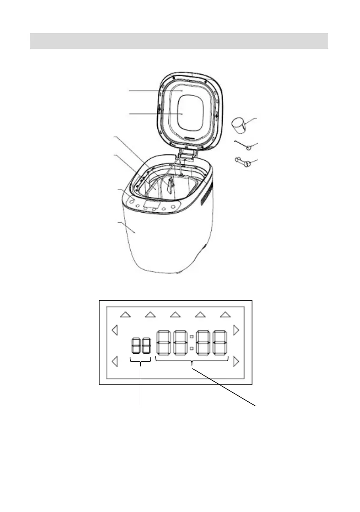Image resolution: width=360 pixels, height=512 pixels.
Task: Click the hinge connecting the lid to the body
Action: tap(188, 154)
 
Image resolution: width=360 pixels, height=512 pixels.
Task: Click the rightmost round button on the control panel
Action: tap(173, 207)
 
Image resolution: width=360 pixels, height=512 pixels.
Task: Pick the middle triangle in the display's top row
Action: tap(174, 315)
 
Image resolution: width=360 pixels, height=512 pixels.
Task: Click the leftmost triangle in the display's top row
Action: tap(125, 315)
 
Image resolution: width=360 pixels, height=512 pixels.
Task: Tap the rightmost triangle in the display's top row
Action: tap(225, 315)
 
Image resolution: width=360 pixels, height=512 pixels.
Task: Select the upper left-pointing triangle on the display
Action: tap(114, 330)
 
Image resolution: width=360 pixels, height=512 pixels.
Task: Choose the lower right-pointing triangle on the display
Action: tap(236, 362)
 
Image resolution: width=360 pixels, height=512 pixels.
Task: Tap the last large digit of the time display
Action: tap(220, 342)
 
